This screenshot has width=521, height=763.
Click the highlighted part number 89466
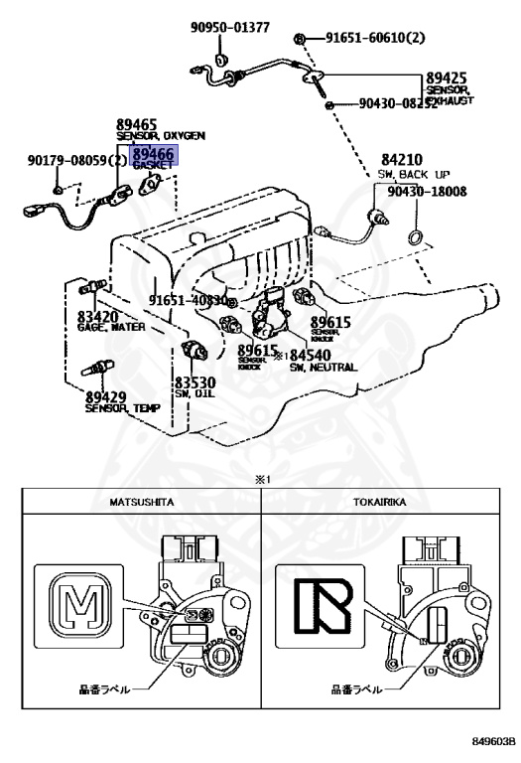[x=154, y=154]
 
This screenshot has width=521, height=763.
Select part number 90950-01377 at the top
[x=230, y=27]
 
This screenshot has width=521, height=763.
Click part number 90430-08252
[x=398, y=102]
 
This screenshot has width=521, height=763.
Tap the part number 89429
[x=106, y=395]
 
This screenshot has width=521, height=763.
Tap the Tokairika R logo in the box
[x=313, y=603]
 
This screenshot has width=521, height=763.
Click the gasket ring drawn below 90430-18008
[x=417, y=236]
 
